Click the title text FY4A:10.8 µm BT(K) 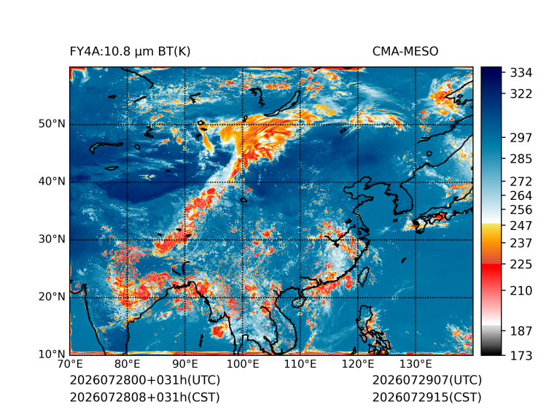[130, 52]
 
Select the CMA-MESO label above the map [405, 52]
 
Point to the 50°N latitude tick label [52, 124]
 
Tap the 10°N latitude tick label [52, 354]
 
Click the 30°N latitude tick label [52, 239]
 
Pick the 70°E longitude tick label [70, 364]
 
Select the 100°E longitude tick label [243, 364]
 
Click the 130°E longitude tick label [416, 364]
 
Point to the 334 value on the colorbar [521, 73]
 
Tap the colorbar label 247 [521, 225]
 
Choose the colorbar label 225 [521, 265]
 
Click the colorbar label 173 [521, 355]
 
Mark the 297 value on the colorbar [521, 138]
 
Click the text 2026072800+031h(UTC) [145, 380]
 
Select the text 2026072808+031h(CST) [144, 398]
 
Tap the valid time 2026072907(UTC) [427, 380]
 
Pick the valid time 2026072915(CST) [426, 398]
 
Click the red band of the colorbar [491, 272]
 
